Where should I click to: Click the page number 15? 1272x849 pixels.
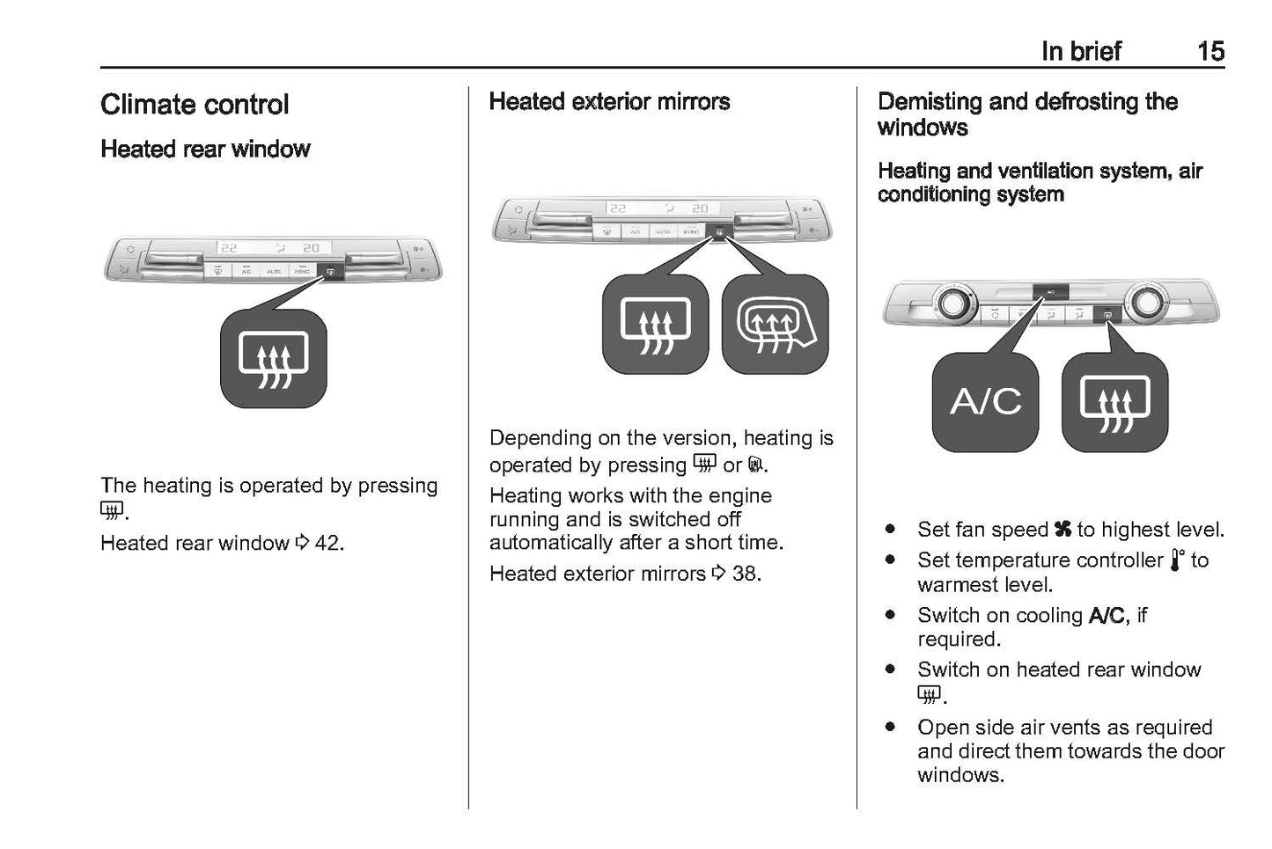[1210, 51]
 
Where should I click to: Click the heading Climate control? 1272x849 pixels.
[195, 105]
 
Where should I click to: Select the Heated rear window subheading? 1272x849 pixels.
[205, 149]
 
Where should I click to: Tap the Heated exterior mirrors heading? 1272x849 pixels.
[609, 102]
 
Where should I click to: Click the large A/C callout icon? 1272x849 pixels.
[985, 402]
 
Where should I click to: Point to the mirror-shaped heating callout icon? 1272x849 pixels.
[775, 324]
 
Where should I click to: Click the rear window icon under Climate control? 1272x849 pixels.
[274, 358]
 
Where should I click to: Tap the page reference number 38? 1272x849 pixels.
[745, 574]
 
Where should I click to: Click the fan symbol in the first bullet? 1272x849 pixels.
[1062, 530]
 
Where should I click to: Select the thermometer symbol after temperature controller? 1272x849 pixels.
[1177, 560]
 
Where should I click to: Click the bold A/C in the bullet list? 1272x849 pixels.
[1106, 615]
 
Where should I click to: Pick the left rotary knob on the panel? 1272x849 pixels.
[952, 304]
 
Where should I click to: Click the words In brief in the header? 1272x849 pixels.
[1080, 51]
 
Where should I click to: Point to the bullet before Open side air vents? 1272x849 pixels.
[892, 728]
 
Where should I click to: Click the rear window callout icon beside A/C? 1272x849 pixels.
[1114, 402]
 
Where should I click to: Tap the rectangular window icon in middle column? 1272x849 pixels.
[655, 324]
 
